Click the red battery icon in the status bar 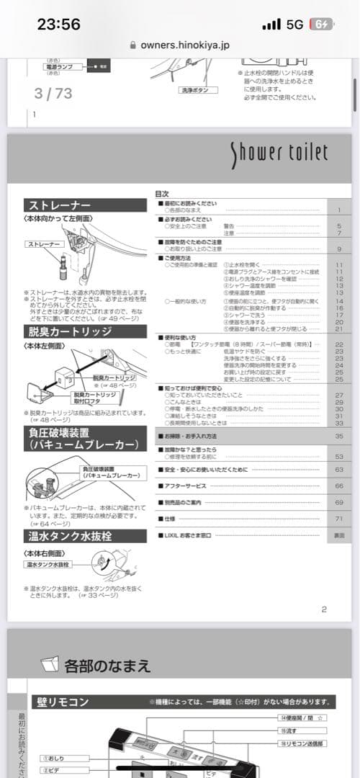pos(321,24)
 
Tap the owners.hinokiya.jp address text pos(185,45)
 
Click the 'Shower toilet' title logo pos(279,153)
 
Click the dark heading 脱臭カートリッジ pos(69,331)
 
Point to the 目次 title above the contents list pos(162,194)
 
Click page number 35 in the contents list pos(338,437)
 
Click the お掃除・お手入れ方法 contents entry pos(190,437)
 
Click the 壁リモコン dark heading pos(63,702)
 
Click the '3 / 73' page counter pos(53,93)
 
